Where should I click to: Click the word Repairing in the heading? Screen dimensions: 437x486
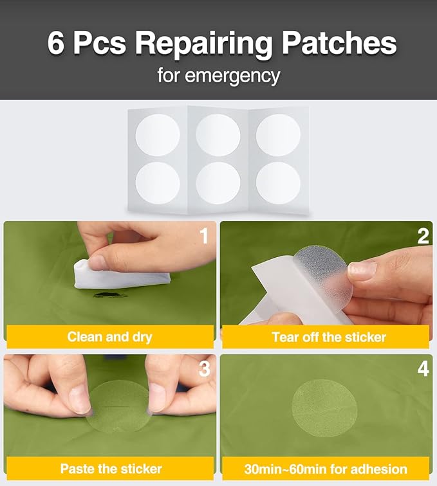pos(204,44)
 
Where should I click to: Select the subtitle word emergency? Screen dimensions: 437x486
pos(232,76)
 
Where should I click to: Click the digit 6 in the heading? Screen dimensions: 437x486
pos(55,43)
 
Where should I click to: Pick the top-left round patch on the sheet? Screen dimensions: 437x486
pos(158,135)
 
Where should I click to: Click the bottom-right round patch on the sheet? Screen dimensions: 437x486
pos(278,183)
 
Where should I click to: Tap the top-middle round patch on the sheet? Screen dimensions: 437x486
pos(218,135)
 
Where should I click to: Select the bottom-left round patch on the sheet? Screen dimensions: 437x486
pos(158,183)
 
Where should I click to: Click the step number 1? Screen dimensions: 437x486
pos(203,236)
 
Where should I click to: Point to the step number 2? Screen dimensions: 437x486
pos(423,236)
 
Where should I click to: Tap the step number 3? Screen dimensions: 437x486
pos(204,369)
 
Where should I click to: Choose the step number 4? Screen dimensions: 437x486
pos(423,369)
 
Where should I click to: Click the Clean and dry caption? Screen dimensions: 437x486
pos(110,337)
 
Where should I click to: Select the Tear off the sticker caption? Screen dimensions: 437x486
pos(329,337)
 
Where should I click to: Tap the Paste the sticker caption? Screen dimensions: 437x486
pos(111,469)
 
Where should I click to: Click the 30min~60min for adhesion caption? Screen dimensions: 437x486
pos(326,469)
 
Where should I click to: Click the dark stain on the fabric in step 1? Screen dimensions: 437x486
pos(111,295)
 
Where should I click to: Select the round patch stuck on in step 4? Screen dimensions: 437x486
pos(324,408)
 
